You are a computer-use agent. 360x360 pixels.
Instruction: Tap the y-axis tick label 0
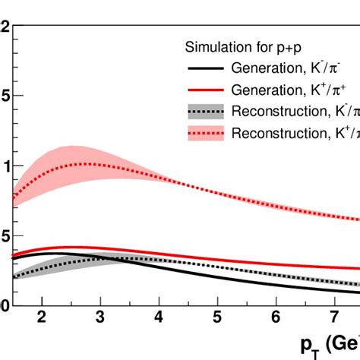(x=5, y=306)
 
